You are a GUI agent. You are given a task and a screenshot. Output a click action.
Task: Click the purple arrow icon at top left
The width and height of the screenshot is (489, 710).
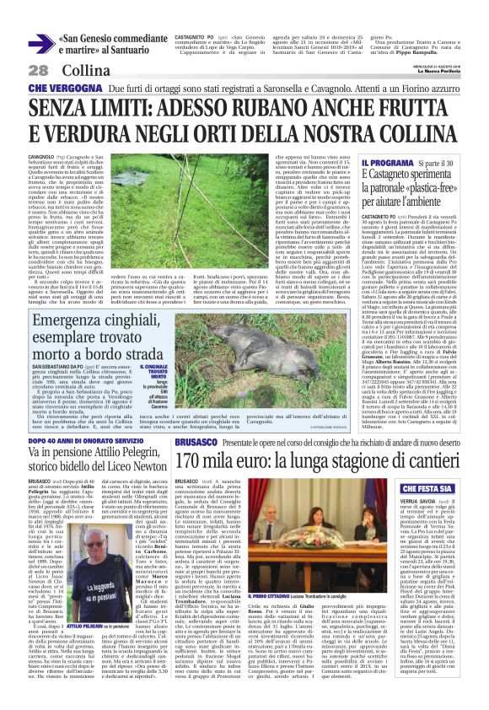pyautogui.click(x=40, y=43)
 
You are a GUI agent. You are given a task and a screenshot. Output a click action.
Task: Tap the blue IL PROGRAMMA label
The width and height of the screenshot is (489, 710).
pyautogui.click(x=380, y=161)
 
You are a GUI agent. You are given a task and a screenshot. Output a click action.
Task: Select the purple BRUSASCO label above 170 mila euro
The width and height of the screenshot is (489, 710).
pyautogui.click(x=196, y=444)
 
